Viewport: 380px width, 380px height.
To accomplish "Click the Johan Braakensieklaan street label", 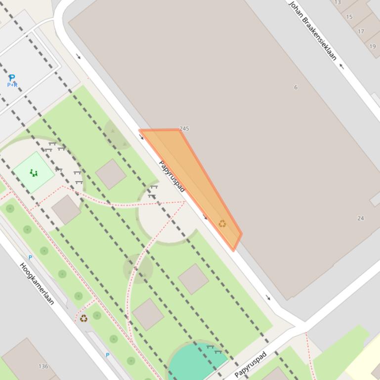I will pos(312,31).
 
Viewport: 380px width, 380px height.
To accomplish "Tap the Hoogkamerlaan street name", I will pos(37,283).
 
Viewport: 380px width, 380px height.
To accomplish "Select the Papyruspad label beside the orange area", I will pos(171,176).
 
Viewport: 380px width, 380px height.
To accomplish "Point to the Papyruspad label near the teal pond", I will pos(251,364).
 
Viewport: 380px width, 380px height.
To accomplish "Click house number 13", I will pos(338,2).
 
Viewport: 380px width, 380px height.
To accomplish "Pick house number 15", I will pos(349,17).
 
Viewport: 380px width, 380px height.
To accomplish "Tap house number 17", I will pos(361,31).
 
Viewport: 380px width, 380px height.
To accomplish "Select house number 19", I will pos(372,46).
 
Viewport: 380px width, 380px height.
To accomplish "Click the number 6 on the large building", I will pos(296,87).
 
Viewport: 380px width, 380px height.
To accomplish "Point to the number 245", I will pos(184,128).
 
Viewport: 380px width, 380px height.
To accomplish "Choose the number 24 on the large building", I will pos(361,218).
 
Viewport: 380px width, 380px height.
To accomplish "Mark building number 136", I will pos(43,366).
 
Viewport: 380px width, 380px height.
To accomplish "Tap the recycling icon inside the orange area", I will pos(222,224).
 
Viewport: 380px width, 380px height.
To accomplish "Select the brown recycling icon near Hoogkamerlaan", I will pos(84,318).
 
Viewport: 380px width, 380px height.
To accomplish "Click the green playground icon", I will pos(34,173).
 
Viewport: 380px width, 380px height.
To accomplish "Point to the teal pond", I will pos(195,361).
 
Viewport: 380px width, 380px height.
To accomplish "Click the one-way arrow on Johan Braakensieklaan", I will pos(341,66).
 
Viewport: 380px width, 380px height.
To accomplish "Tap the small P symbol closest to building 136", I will pos(107,355).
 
